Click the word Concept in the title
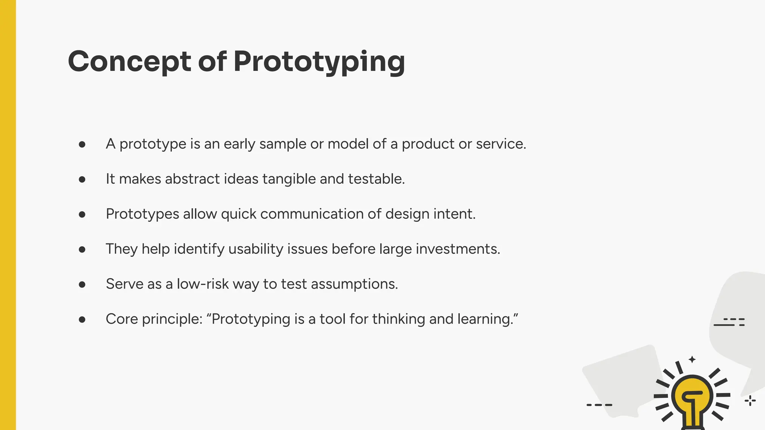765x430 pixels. coord(129,62)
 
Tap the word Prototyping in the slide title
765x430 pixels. coord(319,62)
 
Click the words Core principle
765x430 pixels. coord(154,320)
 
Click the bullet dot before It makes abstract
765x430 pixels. coord(82,180)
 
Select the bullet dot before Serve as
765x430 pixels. coord(82,285)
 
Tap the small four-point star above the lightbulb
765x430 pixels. coord(692,359)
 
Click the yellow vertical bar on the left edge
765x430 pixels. coord(8,215)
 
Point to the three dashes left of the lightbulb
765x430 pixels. coord(599,405)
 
